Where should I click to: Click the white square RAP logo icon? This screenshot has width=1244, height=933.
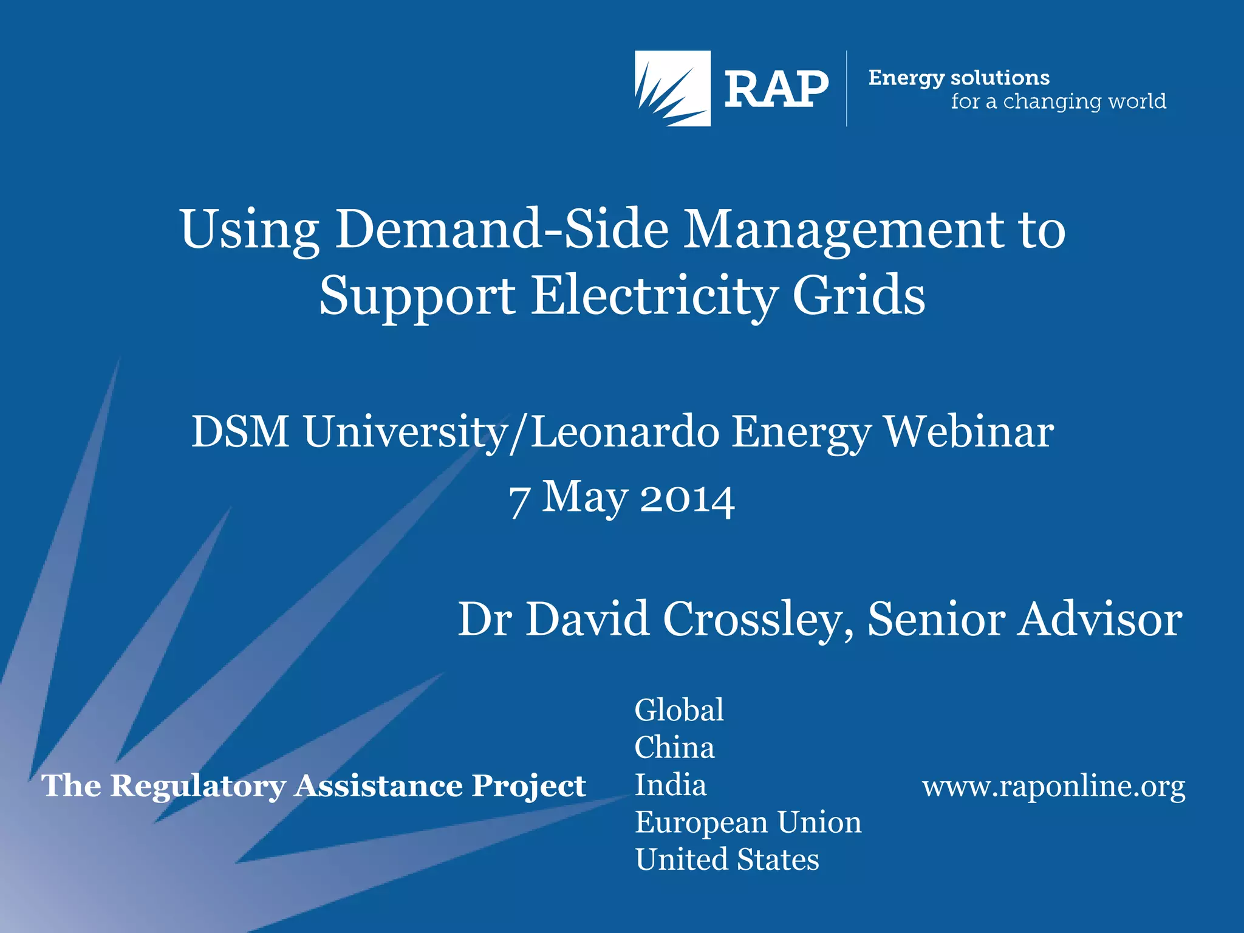tap(672, 88)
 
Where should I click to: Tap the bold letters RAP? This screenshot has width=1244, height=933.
tap(776, 89)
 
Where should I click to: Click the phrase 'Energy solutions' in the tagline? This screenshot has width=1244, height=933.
tap(959, 78)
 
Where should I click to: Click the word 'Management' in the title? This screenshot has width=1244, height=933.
tap(844, 231)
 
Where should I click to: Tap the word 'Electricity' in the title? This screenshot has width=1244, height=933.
tap(654, 295)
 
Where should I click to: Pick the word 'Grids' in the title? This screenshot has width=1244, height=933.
tap(859, 295)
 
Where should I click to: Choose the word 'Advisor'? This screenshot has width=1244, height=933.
tap(1100, 620)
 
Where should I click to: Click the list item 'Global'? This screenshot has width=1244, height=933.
tap(679, 710)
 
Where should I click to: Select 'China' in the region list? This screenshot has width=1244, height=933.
tap(674, 748)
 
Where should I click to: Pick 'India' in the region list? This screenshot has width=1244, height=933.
tap(671, 785)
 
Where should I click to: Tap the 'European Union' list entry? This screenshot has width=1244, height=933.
tap(748, 822)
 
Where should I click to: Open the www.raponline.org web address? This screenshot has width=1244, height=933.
tap(1053, 786)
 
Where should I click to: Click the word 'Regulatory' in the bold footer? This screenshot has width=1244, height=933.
tap(198, 786)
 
